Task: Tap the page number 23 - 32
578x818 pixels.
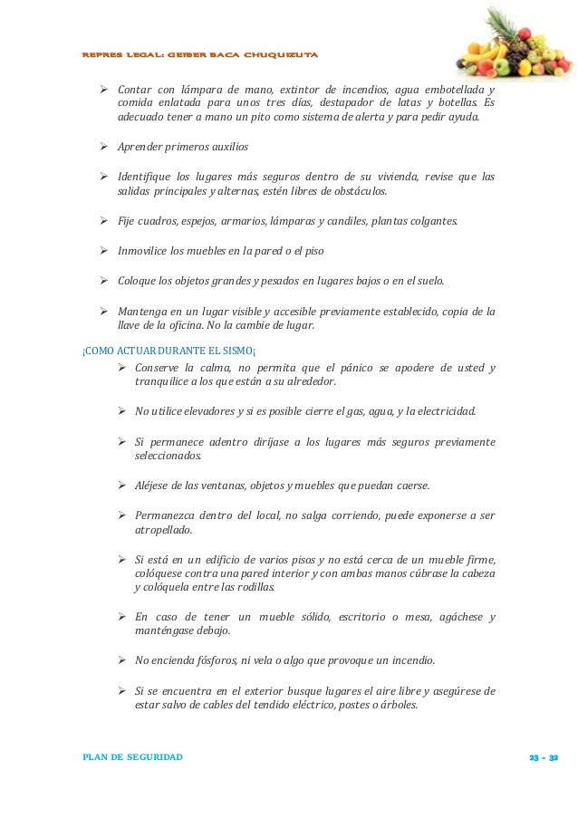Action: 543,756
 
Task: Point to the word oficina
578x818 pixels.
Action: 189,324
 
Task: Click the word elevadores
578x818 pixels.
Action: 196,411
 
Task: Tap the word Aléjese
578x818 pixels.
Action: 155,485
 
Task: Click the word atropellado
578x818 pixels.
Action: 157,530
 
